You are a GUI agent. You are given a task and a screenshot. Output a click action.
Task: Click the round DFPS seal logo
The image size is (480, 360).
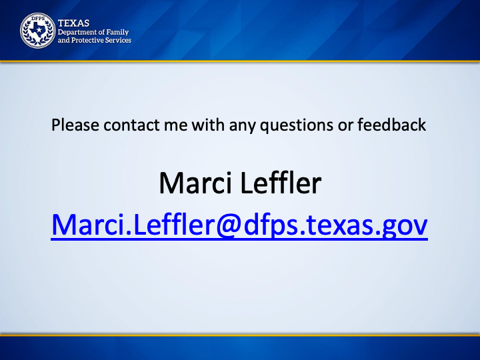click(37, 31)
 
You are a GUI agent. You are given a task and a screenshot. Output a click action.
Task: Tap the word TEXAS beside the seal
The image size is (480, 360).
click(73, 23)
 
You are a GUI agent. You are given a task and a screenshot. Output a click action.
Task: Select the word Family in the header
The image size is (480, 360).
click(117, 32)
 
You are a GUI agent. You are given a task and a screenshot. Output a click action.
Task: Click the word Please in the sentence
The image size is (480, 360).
click(75, 125)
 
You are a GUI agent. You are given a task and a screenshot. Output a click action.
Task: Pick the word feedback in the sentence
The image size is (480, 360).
click(392, 125)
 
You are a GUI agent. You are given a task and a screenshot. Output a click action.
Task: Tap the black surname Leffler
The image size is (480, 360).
click(281, 183)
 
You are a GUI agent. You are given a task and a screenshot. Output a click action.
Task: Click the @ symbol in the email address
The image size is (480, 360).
click(227, 225)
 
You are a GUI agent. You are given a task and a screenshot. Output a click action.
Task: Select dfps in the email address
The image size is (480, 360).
click(271, 225)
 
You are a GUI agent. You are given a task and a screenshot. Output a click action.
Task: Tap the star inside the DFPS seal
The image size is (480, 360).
click(39, 30)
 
